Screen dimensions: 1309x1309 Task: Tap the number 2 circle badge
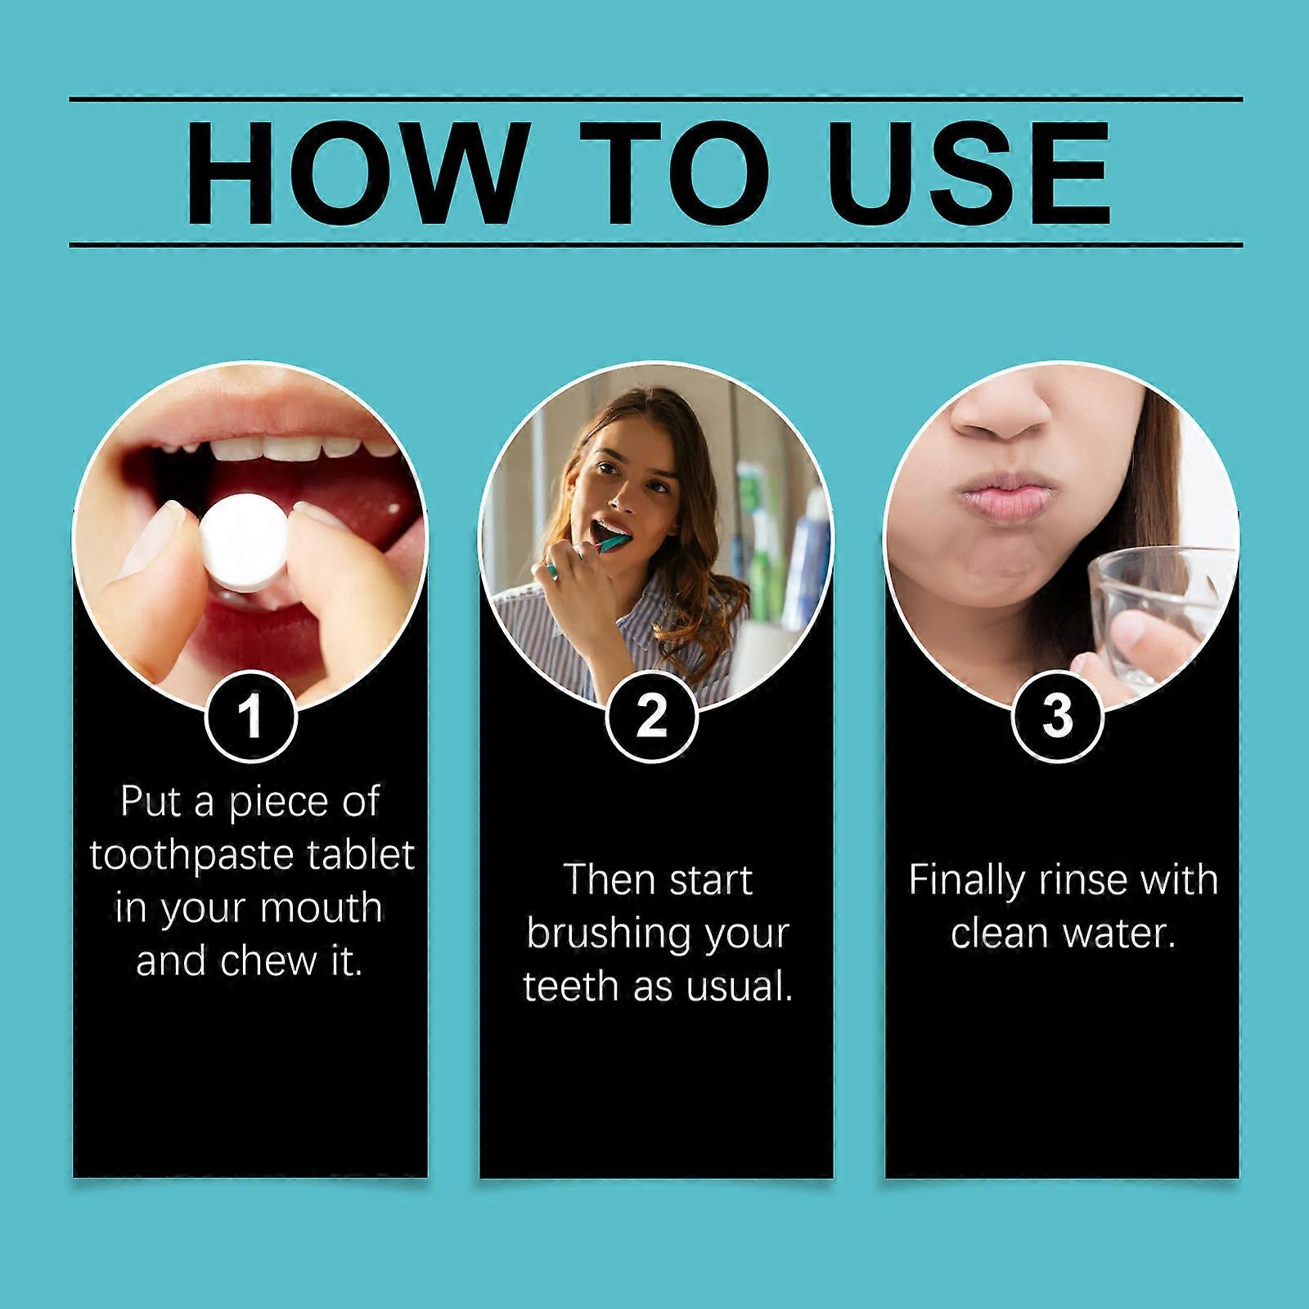651,717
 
